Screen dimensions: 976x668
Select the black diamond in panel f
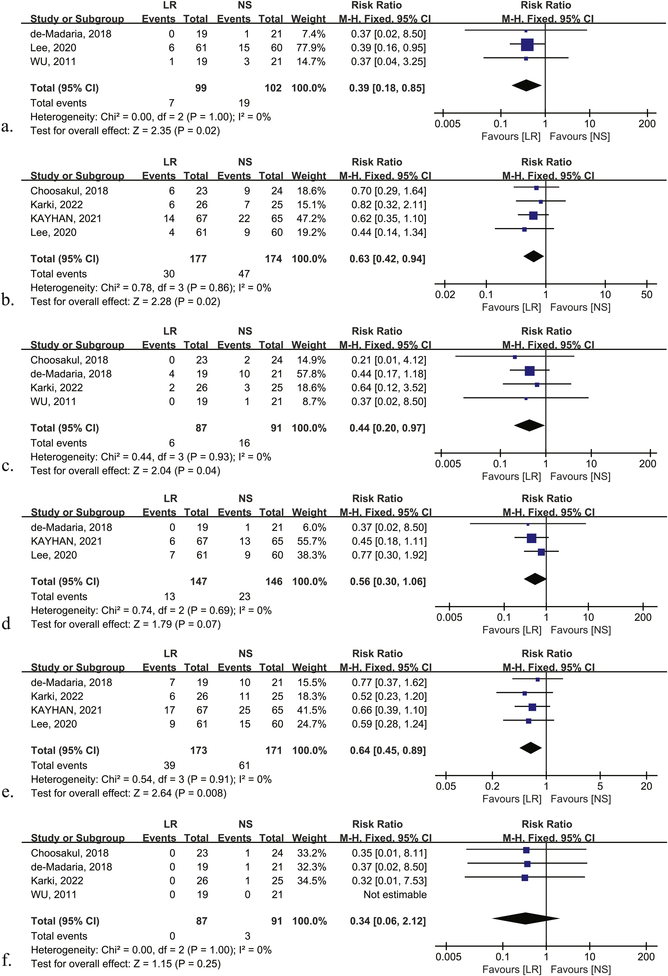pyautogui.click(x=526, y=918)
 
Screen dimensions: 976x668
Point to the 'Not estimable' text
pyautogui.click(x=395, y=895)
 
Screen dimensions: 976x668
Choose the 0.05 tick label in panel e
pyautogui.click(x=446, y=786)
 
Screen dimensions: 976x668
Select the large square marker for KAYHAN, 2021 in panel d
pyautogui.click(x=531, y=538)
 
